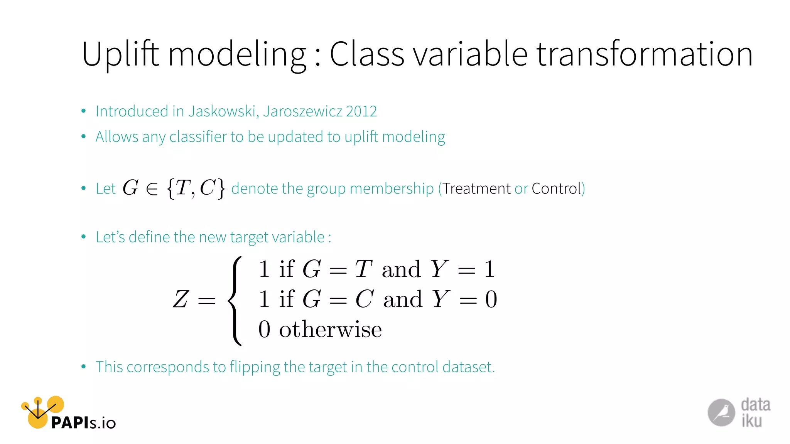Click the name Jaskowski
pyautogui.click(x=223, y=111)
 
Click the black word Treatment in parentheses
pyautogui.click(x=476, y=189)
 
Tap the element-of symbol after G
pyautogui.click(x=152, y=189)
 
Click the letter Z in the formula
pyautogui.click(x=181, y=299)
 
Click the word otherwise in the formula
pyautogui.click(x=330, y=330)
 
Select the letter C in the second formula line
pyautogui.click(x=364, y=299)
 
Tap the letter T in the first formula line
pyautogui.click(x=363, y=269)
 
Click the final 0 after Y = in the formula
pyautogui.click(x=491, y=299)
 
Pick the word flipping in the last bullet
pyautogui.click(x=255, y=367)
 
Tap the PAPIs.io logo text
pyautogui.click(x=83, y=423)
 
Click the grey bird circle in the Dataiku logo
pyautogui.click(x=721, y=413)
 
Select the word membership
pyautogui.click(x=392, y=189)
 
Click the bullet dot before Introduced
pyautogui.click(x=83, y=111)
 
